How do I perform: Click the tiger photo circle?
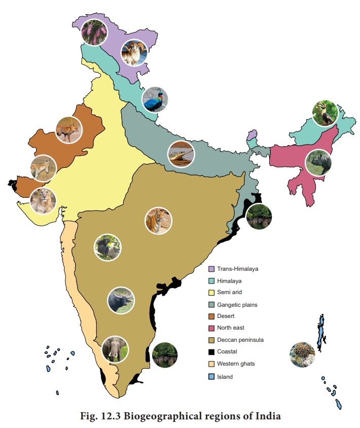(158, 221)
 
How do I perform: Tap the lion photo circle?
(43, 200)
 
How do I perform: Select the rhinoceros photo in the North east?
(318, 162)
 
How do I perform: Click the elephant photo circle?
(115, 349)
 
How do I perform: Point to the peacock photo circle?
(155, 99)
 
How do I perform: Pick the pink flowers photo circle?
(94, 32)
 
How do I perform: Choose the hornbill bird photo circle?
(325, 114)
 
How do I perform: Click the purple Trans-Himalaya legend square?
(211, 269)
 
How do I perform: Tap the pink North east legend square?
(211, 328)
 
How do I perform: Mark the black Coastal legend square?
(211, 351)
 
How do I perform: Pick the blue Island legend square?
(211, 377)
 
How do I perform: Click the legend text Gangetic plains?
(237, 305)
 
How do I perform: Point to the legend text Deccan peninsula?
(240, 340)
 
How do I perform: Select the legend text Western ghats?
(236, 364)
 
